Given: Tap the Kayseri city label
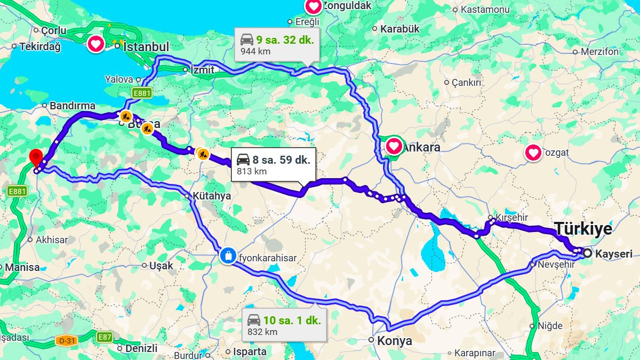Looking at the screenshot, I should (614, 254).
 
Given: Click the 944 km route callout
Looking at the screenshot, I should (277, 45).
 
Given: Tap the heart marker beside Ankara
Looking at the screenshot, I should (394, 146).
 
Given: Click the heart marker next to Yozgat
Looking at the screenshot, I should (533, 153).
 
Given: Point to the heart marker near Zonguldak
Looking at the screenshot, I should (313, 6).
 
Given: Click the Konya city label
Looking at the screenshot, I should (395, 341).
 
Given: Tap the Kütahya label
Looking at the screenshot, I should (212, 196).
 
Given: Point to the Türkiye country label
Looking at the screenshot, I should (583, 229).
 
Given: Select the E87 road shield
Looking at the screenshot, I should (105, 337).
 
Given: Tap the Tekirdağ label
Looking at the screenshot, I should (40, 46).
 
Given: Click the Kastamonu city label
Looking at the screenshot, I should (485, 10).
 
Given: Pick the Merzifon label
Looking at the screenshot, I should (599, 52).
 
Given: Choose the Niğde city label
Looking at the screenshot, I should (550, 325).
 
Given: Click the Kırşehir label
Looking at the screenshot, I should (511, 218).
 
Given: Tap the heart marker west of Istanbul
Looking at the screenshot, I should (96, 43).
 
